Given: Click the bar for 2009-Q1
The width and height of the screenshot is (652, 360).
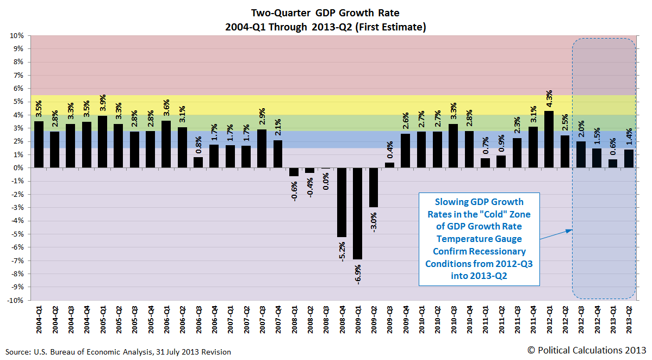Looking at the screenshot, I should click(x=358, y=213).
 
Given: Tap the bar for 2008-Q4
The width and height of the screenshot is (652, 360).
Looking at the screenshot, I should click(x=342, y=202).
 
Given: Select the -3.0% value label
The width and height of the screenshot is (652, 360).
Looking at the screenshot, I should click(x=374, y=220).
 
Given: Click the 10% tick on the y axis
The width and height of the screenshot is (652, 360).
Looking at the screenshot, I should click(x=16, y=36).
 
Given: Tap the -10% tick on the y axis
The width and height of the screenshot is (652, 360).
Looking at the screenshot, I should click(x=15, y=300).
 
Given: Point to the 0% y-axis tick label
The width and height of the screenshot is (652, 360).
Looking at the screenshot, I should click(x=18, y=168).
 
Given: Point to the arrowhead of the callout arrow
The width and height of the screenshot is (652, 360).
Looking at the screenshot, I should click(x=571, y=230).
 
